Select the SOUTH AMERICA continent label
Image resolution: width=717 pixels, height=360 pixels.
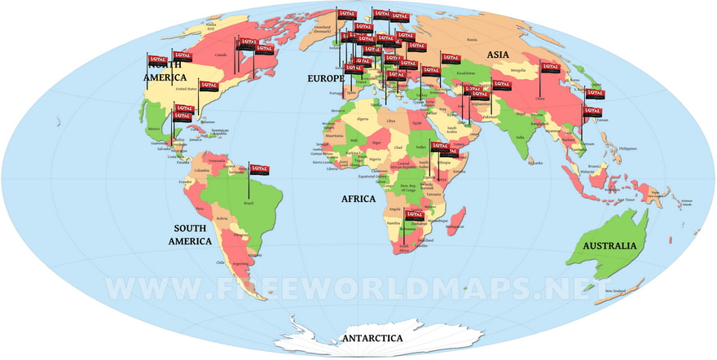point(190,235)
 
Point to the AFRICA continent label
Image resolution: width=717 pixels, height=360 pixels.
point(358,199)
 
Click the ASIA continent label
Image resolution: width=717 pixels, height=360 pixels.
point(499,55)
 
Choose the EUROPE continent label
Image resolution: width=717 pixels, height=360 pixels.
point(324,79)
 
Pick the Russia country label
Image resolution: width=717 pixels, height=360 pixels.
point(472,38)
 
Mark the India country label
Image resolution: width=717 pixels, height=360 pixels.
point(520,137)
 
